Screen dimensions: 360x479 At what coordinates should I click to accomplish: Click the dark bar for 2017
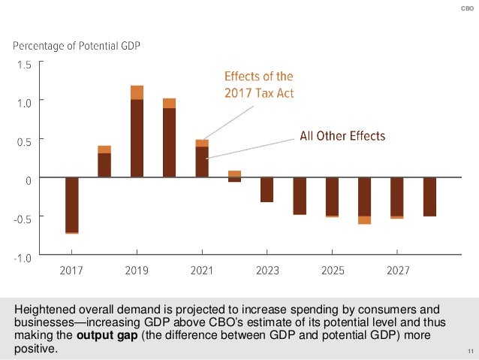(x=72, y=204)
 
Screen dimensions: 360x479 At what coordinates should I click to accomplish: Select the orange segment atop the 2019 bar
(x=137, y=92)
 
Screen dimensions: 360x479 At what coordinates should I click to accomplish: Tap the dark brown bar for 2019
(x=137, y=138)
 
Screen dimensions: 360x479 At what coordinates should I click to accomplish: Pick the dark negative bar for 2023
(x=267, y=189)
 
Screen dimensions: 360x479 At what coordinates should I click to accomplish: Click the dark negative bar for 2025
(x=332, y=196)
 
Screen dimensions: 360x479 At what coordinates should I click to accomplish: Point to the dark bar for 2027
(x=397, y=196)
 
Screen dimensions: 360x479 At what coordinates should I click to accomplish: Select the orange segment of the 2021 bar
(x=202, y=143)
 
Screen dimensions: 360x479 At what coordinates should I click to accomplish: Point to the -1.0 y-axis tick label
(x=23, y=257)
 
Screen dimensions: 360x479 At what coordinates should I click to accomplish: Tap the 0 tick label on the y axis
(x=29, y=180)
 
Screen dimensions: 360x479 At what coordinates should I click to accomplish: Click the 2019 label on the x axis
(x=137, y=271)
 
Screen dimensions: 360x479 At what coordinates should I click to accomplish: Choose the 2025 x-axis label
(x=332, y=271)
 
